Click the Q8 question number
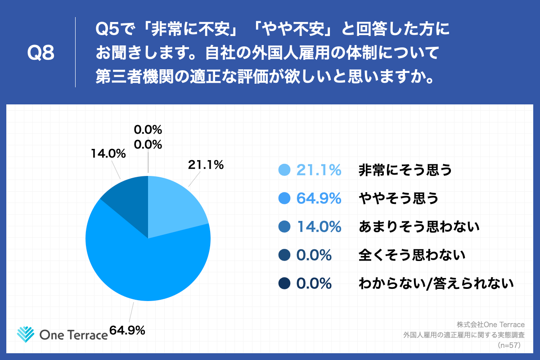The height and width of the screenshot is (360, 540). [x=41, y=53]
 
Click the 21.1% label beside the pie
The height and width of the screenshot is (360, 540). [x=206, y=165]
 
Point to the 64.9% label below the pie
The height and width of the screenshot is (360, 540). [x=127, y=330]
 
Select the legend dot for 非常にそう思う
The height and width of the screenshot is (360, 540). [x=284, y=170]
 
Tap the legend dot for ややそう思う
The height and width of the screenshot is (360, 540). [x=284, y=198]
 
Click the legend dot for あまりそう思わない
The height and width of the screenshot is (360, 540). [x=284, y=227]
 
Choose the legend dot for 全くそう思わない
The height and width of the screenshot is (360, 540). [x=284, y=255]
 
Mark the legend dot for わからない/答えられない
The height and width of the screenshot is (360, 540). [x=284, y=283]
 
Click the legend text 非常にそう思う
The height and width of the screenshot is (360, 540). [x=405, y=170]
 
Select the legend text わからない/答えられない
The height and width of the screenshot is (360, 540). [x=436, y=283]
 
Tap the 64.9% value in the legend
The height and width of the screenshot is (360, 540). [x=318, y=198]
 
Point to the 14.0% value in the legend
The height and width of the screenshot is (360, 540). [x=318, y=227]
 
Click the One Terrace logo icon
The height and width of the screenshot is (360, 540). [x=26, y=333]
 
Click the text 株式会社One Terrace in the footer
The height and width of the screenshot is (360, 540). [x=491, y=324]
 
